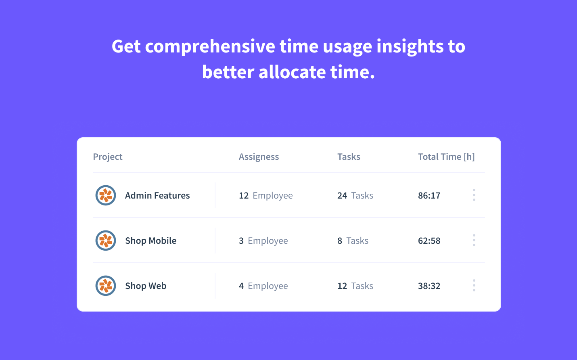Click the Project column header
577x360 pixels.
pyautogui.click(x=108, y=157)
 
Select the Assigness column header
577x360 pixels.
pyautogui.click(x=259, y=157)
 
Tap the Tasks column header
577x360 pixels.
pyautogui.click(x=349, y=157)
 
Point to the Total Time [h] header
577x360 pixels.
pyautogui.click(x=446, y=157)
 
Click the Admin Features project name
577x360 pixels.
pyautogui.click(x=157, y=195)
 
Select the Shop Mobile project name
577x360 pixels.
pyautogui.click(x=151, y=241)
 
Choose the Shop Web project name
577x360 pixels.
pyautogui.click(x=146, y=286)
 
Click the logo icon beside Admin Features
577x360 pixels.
pyautogui.click(x=106, y=195)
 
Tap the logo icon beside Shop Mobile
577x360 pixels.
pyautogui.click(x=106, y=241)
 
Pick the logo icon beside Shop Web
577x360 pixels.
pyautogui.click(x=106, y=286)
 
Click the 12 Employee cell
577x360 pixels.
pyautogui.click(x=266, y=195)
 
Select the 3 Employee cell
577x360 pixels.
pyautogui.click(x=263, y=241)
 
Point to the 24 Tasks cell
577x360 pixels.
pyautogui.click(x=355, y=195)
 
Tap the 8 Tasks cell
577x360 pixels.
pyautogui.click(x=353, y=241)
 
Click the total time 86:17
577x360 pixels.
pyautogui.click(x=429, y=195)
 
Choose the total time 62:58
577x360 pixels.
pyautogui.click(x=429, y=241)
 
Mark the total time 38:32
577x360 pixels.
pyautogui.click(x=429, y=286)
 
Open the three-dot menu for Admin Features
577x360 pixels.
pyautogui.click(x=474, y=195)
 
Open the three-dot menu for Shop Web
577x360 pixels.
pyautogui.click(x=474, y=285)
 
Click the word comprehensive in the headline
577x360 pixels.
pyautogui.click(x=211, y=46)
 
